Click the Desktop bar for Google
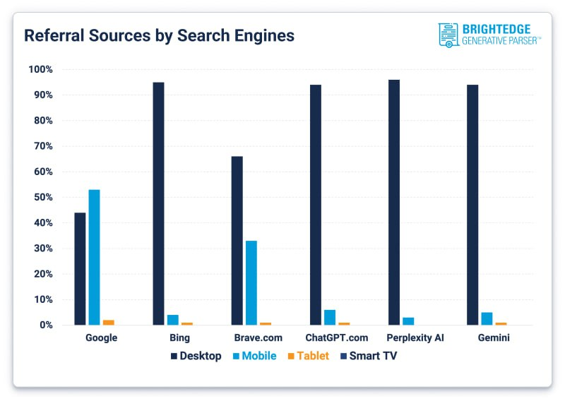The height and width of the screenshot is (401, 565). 80,269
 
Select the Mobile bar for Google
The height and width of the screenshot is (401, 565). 94,258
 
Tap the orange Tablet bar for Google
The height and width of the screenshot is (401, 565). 108,322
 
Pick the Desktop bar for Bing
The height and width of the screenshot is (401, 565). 158,204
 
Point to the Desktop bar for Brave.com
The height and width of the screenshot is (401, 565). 237,241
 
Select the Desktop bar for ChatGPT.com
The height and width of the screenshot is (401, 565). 315,205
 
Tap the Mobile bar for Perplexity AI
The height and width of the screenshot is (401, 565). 408,321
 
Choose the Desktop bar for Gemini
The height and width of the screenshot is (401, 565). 472,205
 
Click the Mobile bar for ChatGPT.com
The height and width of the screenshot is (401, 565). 329,318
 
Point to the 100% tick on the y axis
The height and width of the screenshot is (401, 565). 41,69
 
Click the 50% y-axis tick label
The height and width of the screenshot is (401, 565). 41,197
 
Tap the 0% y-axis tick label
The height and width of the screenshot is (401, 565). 44,325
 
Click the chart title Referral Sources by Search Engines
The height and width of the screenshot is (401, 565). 159,35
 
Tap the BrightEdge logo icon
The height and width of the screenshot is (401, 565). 448,35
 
